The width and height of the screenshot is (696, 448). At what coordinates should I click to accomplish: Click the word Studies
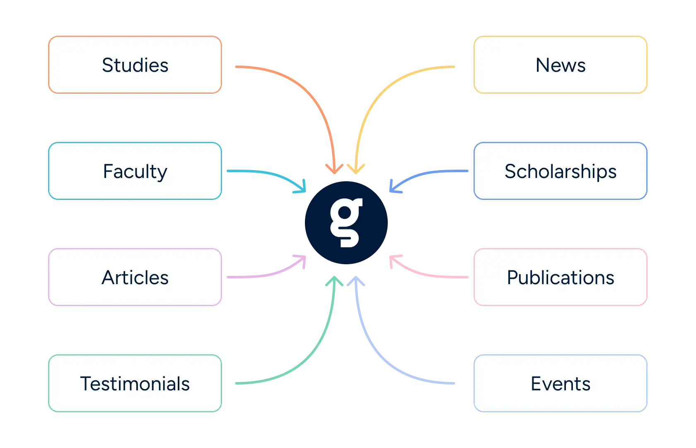tap(135, 65)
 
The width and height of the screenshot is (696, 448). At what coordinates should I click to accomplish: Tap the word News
tap(561, 65)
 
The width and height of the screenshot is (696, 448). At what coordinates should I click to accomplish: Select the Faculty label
tap(135, 172)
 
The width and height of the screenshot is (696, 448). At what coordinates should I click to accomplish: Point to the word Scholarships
tap(561, 172)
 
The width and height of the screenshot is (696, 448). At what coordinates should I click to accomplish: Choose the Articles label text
tap(135, 277)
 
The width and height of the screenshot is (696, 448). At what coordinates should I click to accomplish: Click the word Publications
tap(561, 277)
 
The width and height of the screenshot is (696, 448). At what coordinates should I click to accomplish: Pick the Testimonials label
tap(135, 383)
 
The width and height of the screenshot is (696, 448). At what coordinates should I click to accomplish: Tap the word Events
tap(561, 383)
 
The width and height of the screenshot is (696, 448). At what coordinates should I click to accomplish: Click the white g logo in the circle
tap(346, 222)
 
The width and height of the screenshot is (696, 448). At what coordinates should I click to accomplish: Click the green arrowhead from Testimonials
tap(334, 281)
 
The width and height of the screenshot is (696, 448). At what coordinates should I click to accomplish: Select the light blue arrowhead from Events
tap(356, 281)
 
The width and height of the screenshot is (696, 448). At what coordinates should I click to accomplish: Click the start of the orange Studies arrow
tap(237, 66)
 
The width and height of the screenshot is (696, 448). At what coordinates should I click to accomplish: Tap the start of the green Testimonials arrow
tap(237, 383)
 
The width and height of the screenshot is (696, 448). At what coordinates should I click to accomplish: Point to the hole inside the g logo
tap(345, 213)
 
